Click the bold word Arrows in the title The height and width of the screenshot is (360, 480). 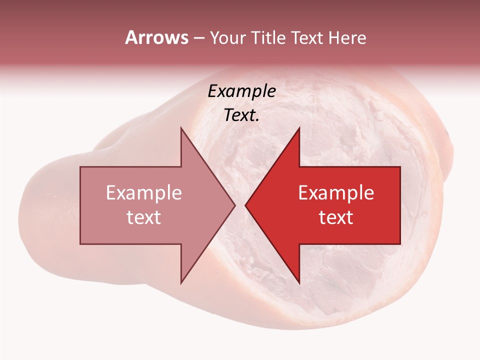click(156, 37)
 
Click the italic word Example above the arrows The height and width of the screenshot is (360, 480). click(242, 91)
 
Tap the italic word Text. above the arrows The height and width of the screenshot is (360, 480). click(242, 115)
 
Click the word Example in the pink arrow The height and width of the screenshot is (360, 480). click(144, 193)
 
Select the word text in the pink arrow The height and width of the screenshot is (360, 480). click(144, 217)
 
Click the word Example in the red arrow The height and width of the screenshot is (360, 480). click(336, 193)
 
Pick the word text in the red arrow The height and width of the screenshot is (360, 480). click(336, 217)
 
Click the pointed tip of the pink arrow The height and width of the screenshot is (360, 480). click(235, 205)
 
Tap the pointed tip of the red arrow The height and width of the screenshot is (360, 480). click(245, 205)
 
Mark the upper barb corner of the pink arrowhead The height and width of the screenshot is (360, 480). click(181, 127)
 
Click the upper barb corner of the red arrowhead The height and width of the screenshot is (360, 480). click(299, 127)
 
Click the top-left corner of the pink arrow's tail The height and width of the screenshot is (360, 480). click(80, 167)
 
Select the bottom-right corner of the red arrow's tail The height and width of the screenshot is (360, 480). click(400, 244)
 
